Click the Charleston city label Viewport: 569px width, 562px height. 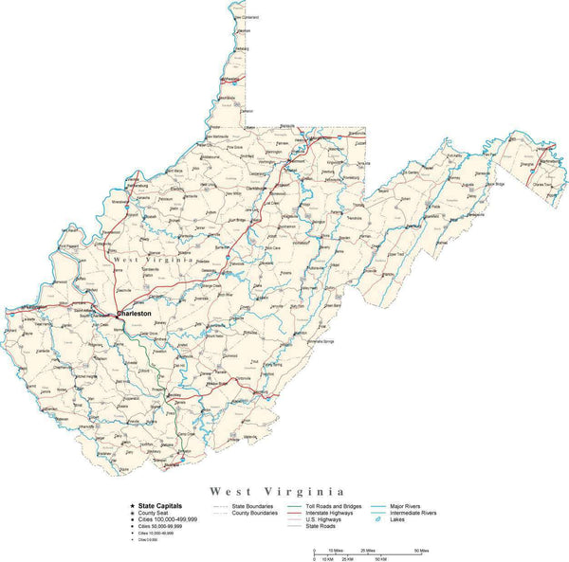(x=134, y=313)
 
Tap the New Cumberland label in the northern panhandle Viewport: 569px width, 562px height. (x=245, y=17)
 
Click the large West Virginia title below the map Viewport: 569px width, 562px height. (x=277, y=492)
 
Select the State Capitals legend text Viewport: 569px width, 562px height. (x=159, y=506)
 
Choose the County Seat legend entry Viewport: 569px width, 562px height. (x=154, y=513)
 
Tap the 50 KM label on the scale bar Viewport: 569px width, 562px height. (x=379, y=558)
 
